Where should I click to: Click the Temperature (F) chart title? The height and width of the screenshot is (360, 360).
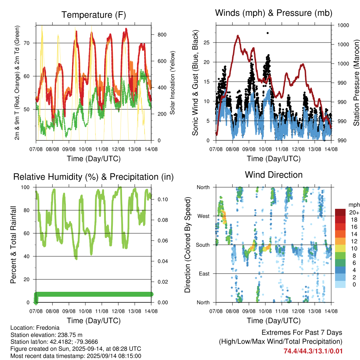[94, 15]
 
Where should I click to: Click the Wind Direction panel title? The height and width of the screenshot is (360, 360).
[274, 175]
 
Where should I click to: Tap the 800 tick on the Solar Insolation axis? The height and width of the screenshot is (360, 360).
[162, 35]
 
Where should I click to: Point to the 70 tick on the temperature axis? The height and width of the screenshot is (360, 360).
[27, 43]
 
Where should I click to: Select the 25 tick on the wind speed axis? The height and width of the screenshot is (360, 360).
[207, 43]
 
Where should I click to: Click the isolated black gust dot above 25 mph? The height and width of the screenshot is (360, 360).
[268, 33]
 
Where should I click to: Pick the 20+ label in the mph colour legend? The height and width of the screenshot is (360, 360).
[354, 212]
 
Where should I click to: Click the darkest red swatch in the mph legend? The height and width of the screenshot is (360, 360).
[340, 212]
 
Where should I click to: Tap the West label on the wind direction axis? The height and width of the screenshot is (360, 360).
[204, 216]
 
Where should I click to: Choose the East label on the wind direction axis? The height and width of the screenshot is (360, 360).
[204, 274]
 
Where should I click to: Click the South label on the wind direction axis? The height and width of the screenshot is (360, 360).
[203, 245]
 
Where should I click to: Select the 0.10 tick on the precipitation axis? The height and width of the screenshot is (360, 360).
[163, 200]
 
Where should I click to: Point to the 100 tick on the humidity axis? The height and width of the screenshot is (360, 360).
[25, 187]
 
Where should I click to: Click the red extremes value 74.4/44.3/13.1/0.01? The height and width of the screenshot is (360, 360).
[313, 351]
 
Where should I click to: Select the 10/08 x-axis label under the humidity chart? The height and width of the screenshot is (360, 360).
[85, 311]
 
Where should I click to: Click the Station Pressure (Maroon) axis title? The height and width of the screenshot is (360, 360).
[356, 83]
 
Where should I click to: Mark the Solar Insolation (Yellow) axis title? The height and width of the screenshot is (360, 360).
[172, 83]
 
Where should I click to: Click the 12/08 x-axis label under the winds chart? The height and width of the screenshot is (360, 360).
[298, 149]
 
